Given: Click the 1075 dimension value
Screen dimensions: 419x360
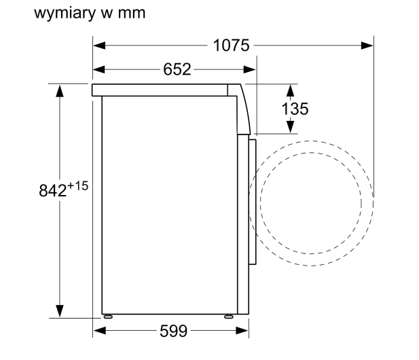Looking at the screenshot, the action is pyautogui.click(x=232, y=46).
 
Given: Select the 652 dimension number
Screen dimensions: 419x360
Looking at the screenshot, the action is pyautogui.click(x=177, y=69).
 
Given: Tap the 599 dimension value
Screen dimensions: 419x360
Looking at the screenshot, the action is pyautogui.click(x=174, y=331).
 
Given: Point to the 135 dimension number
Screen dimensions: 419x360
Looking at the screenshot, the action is pyautogui.click(x=295, y=109).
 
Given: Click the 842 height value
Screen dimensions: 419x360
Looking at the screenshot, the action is pyautogui.click(x=53, y=191).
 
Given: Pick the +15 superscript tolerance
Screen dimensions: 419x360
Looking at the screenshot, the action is pyautogui.click(x=78, y=186).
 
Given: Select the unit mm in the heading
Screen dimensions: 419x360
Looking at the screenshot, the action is pyautogui.click(x=132, y=14).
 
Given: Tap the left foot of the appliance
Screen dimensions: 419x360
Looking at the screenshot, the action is pyautogui.click(x=108, y=317).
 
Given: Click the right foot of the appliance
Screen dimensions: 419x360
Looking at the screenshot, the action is pyautogui.click(x=229, y=317).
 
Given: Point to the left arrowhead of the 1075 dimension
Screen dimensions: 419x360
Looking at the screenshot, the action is pyautogui.click(x=99, y=46).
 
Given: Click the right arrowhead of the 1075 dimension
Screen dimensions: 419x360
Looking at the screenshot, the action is pyautogui.click(x=367, y=46).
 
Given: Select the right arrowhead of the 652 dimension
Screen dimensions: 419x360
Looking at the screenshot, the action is pyautogui.click(x=250, y=70).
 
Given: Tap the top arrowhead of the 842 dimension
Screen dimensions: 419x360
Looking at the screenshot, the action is pyautogui.click(x=60, y=91).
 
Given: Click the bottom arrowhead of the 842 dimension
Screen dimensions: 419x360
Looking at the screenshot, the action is pyautogui.click(x=60, y=311).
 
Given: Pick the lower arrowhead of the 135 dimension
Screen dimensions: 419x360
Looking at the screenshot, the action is pyautogui.click(x=290, y=127).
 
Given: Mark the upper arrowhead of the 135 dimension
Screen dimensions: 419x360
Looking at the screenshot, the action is pyautogui.click(x=290, y=90).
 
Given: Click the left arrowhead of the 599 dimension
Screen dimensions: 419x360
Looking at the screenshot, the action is pyautogui.click(x=100, y=331).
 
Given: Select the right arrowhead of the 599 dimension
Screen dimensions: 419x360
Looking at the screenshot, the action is pyautogui.click(x=242, y=331).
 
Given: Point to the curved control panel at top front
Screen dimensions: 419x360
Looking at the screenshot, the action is pyautogui.click(x=242, y=109).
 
